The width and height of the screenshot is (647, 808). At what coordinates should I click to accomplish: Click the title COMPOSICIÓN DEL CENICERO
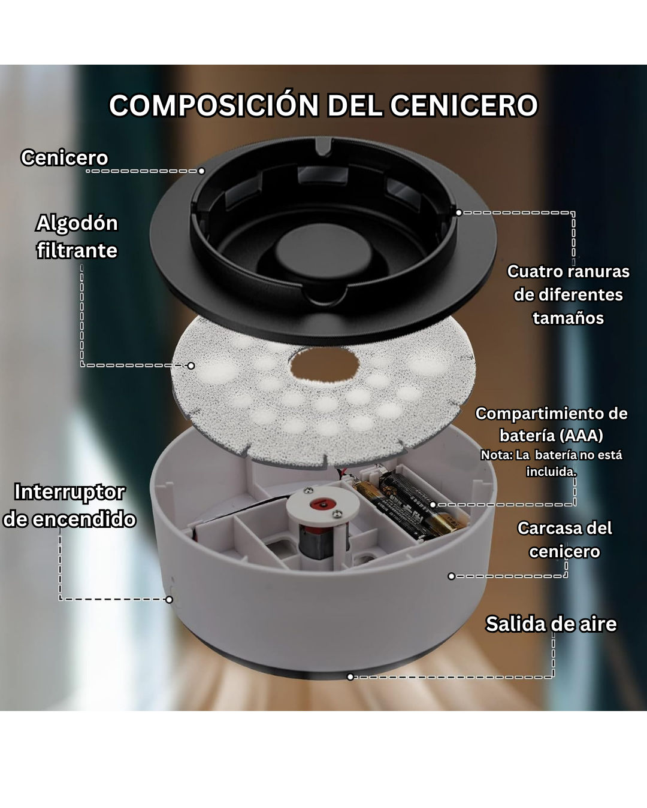tap(323, 105)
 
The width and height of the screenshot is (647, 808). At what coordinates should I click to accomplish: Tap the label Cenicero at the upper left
tap(65, 157)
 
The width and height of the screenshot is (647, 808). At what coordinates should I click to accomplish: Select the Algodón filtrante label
tap(77, 236)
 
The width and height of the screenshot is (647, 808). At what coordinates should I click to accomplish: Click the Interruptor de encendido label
tap(69, 505)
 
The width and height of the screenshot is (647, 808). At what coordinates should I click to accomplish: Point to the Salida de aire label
tap(551, 624)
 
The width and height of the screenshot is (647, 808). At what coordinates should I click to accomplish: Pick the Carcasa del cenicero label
tap(564, 539)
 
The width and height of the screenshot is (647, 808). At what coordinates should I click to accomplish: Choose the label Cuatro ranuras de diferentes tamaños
tap(568, 294)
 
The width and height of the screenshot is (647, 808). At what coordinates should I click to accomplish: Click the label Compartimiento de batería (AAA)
tap(551, 424)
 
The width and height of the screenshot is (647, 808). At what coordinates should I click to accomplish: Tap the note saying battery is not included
tap(551, 463)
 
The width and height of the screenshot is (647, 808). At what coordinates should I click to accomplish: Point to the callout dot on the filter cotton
tap(191, 366)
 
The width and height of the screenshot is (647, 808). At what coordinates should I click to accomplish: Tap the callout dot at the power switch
tap(169, 599)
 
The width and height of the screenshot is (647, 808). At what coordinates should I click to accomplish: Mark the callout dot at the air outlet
tap(350, 677)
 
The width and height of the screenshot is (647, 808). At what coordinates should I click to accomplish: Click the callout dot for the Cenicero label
tap(201, 171)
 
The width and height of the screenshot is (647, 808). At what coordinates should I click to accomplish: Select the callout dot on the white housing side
tap(452, 576)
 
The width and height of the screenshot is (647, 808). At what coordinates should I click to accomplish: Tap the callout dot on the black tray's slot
tap(458, 212)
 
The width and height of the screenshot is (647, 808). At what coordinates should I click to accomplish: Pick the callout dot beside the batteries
tap(433, 505)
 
